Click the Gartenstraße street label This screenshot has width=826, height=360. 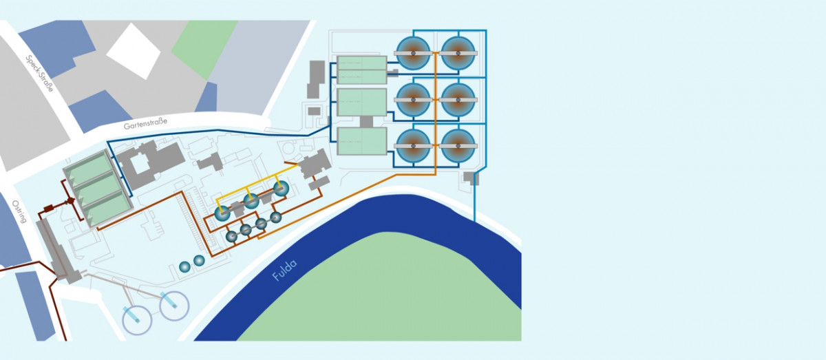click(145, 125)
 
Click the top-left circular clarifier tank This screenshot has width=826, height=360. click(413, 52)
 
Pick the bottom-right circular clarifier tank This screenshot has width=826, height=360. click(458, 146)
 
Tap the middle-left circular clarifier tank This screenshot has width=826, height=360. click(413, 99)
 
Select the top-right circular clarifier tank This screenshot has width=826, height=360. click(458, 52)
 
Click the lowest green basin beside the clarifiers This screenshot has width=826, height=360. click(362, 141)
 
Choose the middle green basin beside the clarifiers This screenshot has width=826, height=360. click(362, 102)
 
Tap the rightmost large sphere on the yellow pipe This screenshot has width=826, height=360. click(281, 189)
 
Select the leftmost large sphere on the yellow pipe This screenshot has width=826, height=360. click(222, 213)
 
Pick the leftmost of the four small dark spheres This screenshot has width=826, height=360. click(232, 236)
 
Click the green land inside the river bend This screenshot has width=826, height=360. click(385, 296)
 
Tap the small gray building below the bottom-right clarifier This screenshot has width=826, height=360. click(472, 178)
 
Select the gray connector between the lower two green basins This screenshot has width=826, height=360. click(366, 122)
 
